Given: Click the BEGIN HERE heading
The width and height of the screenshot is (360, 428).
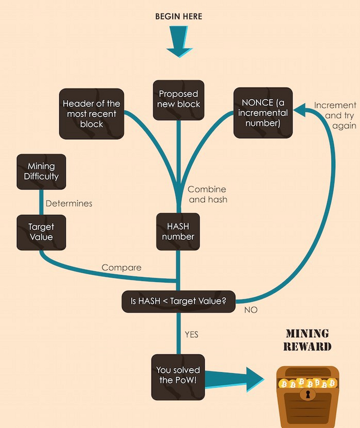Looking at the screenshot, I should coord(178,17).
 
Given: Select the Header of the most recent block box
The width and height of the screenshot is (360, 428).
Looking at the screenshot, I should coord(92,114).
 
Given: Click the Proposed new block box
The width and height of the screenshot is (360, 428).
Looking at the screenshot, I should coord(178,100).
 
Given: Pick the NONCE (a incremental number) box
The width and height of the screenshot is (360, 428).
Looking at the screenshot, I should coord(263,113).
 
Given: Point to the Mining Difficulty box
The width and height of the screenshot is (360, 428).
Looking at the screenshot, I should coord(41,171).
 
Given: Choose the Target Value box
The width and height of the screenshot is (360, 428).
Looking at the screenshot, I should coord(41,232).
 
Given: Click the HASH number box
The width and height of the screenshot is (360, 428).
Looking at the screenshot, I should coord(178,231).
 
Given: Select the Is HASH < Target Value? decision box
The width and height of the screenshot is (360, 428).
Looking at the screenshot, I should coord(178,302).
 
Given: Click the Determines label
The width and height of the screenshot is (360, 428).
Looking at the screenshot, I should coord(69,203).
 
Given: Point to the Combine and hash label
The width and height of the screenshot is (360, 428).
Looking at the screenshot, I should coord(208,194).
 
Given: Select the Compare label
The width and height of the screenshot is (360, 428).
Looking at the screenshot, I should coord(121,267).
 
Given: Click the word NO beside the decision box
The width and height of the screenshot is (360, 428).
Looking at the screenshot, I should coord(251,310).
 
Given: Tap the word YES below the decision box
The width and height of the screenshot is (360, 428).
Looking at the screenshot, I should coord(191,335).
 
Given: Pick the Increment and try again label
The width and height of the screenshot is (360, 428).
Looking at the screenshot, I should coord(336,115).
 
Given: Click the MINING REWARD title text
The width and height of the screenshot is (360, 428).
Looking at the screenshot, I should coord(307,340).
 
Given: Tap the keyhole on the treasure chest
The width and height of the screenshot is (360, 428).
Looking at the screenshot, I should coord(307,395).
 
